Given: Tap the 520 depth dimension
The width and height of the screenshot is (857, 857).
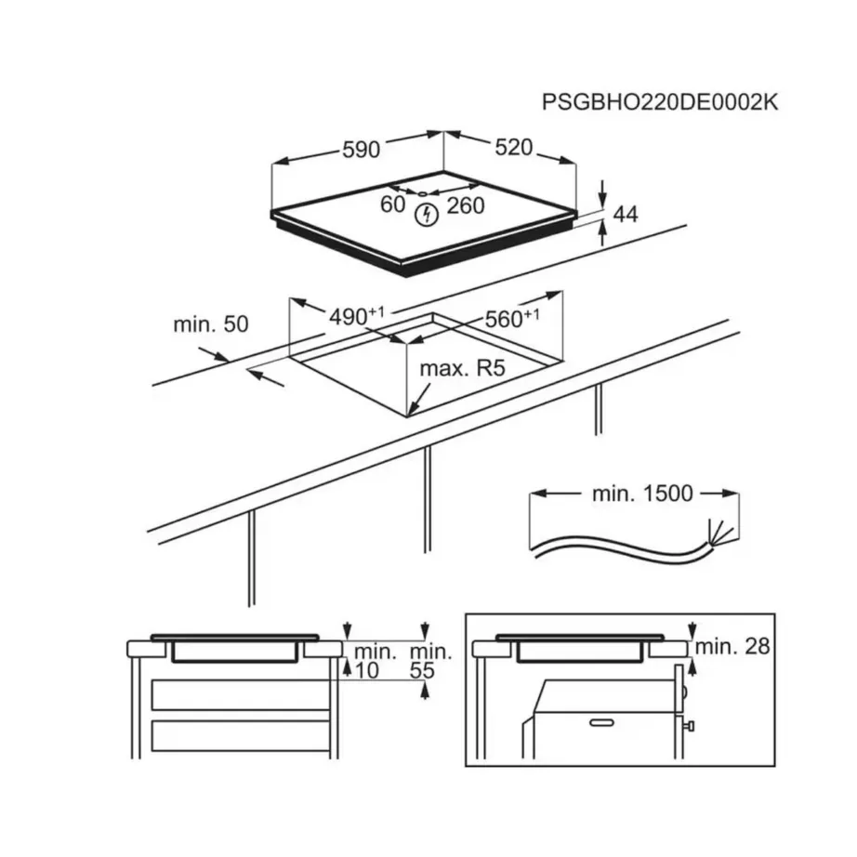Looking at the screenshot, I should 513,148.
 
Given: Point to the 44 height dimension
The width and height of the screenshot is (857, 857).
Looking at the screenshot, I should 626,214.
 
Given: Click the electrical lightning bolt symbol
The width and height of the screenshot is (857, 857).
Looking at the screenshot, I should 426,216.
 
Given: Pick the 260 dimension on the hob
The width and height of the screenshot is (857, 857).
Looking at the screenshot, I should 466,205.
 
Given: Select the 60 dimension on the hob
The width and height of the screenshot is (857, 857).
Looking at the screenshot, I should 392,205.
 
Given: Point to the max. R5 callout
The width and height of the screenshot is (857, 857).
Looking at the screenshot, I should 462,369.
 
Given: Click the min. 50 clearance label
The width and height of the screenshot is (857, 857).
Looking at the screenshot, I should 211,325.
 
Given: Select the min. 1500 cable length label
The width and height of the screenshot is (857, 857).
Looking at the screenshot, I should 642,494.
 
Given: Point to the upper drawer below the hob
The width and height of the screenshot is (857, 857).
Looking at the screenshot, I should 242,694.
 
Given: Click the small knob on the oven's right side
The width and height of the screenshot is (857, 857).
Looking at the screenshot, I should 691,724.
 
